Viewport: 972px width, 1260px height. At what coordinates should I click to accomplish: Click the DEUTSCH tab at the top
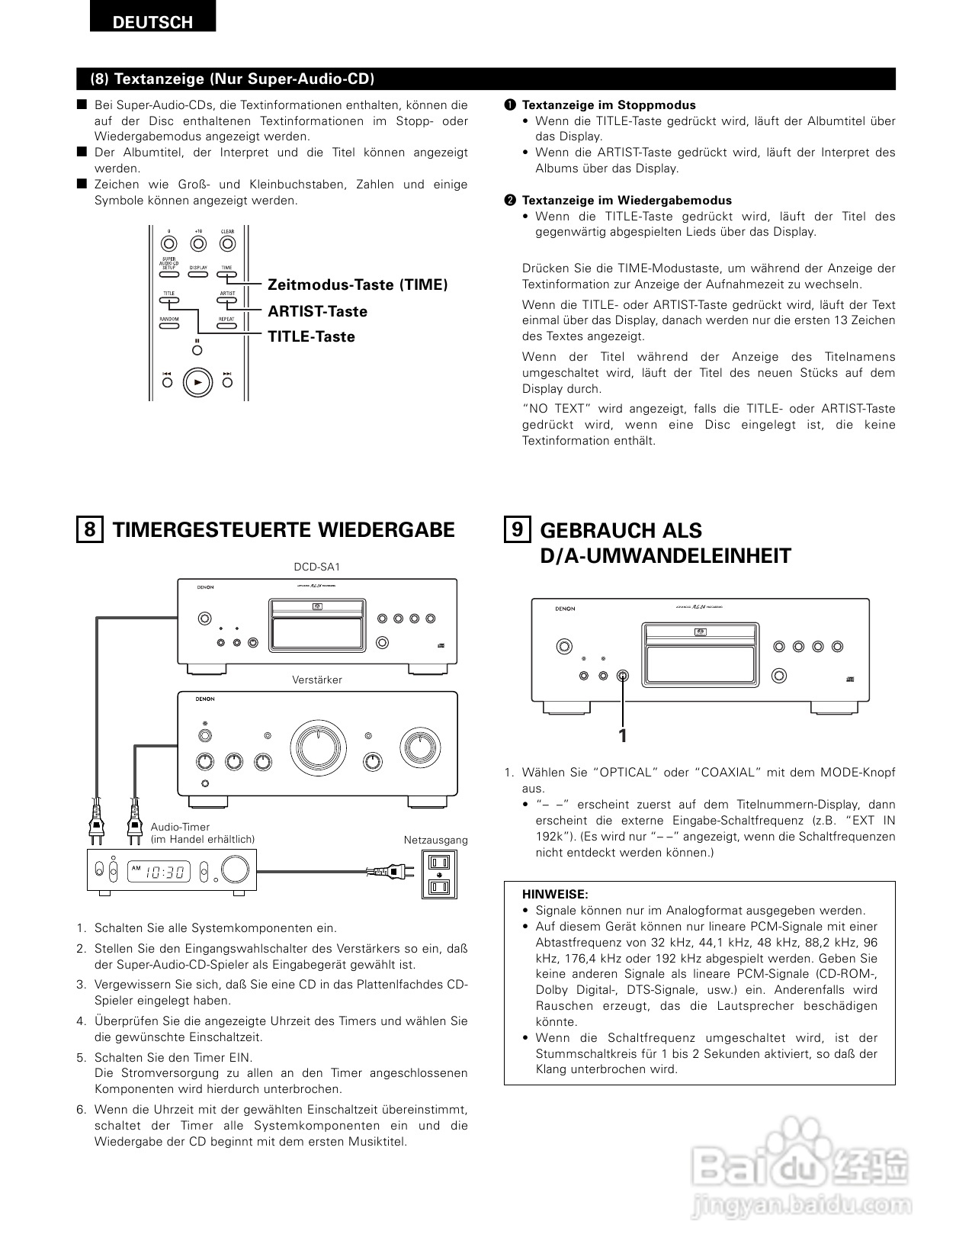click(152, 21)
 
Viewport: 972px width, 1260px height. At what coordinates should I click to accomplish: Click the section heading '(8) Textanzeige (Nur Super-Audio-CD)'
click(233, 79)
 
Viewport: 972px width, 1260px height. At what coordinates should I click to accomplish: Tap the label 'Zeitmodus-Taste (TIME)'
click(358, 284)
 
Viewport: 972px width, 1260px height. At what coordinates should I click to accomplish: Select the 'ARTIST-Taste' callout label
click(317, 311)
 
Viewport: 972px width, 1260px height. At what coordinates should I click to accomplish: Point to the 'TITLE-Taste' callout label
click(311, 336)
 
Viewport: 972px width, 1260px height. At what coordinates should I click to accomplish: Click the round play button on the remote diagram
click(197, 382)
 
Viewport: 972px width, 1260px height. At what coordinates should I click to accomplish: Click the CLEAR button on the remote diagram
click(227, 244)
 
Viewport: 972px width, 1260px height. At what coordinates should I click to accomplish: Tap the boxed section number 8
click(89, 529)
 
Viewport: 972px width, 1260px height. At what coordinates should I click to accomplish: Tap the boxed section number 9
click(517, 529)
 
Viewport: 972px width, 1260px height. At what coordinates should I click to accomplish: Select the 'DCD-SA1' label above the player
click(316, 567)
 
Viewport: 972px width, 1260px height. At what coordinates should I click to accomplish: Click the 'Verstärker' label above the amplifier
click(317, 680)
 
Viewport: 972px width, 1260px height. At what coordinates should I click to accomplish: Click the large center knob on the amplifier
click(316, 744)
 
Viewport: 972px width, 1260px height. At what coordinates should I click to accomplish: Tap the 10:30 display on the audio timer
click(166, 871)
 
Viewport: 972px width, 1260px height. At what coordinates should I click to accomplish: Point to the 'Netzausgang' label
click(436, 840)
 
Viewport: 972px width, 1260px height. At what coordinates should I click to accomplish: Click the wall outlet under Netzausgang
click(438, 875)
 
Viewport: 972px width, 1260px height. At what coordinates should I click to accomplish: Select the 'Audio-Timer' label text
click(180, 827)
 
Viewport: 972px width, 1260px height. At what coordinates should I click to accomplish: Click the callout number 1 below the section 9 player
click(623, 736)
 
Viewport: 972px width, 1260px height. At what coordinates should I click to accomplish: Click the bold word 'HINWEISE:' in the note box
click(555, 894)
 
